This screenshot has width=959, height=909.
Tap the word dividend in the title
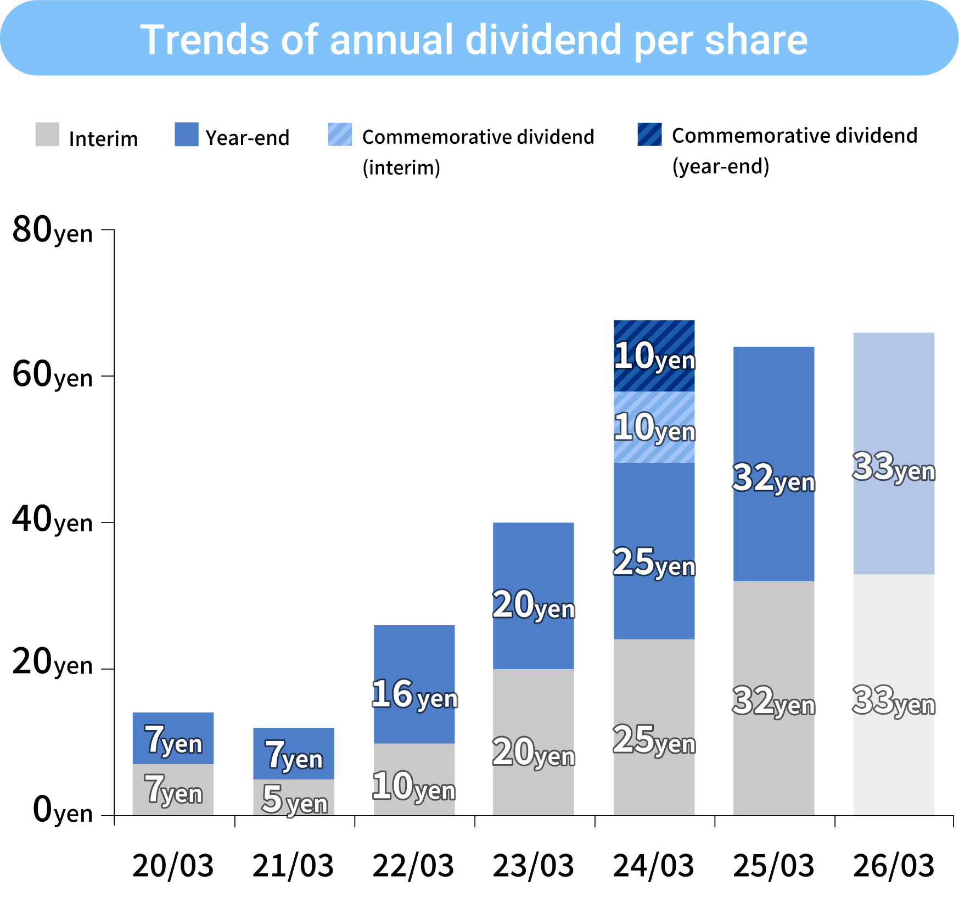pos(543,40)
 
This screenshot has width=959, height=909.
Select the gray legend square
pos(47,134)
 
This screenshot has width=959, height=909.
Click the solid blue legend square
pos(187,134)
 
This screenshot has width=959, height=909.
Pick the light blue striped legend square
pos(340,134)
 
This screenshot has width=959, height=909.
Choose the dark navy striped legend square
pos(649,134)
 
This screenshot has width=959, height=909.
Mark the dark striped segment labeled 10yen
pos(654,356)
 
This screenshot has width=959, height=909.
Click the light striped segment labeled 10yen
pos(654,427)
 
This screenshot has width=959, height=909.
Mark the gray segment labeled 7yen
pos(173,789)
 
